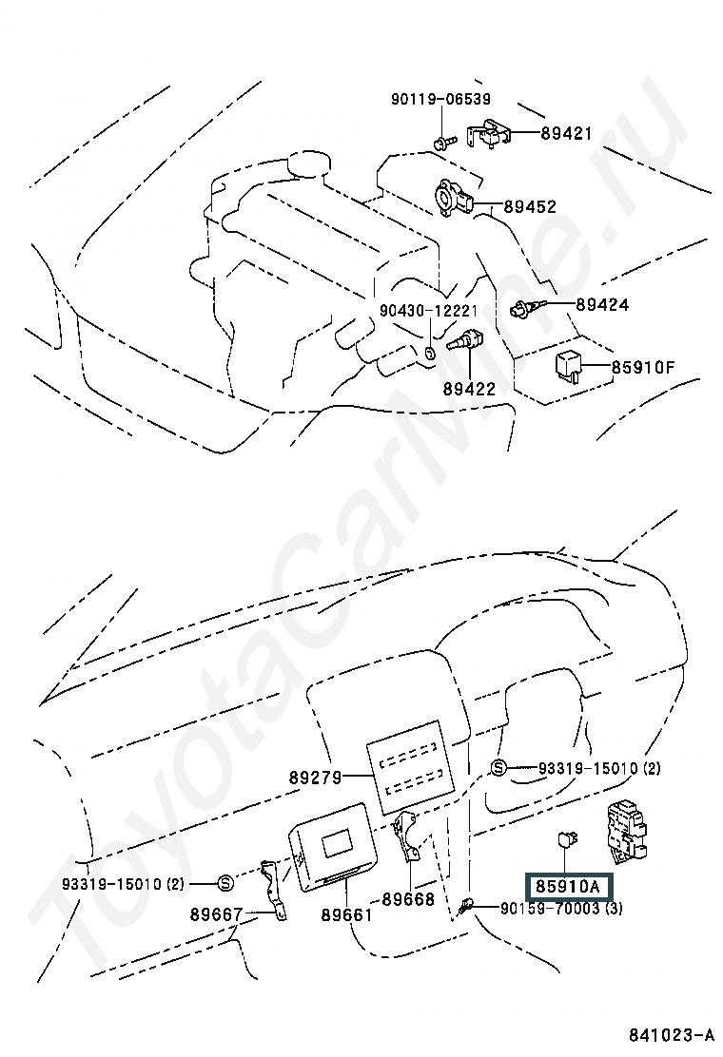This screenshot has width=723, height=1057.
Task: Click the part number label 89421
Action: (566, 133)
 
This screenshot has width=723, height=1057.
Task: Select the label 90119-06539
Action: (441, 99)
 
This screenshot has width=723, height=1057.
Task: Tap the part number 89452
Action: (531, 206)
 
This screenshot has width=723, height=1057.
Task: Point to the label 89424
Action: (602, 305)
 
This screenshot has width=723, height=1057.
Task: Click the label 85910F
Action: (643, 368)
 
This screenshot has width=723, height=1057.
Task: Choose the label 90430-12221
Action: (428, 311)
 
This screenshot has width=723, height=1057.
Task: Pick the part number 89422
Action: (469, 389)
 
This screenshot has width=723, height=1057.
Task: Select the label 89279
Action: (316, 778)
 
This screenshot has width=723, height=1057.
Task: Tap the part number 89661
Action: (346, 914)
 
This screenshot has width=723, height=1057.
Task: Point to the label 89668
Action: (409, 899)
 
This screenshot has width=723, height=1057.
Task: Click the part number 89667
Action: (216, 914)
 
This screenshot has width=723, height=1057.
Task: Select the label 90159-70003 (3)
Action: (562, 908)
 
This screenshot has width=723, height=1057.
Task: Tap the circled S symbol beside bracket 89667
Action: (225, 883)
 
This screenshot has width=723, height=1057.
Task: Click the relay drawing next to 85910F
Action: (567, 366)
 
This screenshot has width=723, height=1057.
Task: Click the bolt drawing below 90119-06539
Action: (444, 143)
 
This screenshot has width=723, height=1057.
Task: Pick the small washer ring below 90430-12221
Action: (430, 352)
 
